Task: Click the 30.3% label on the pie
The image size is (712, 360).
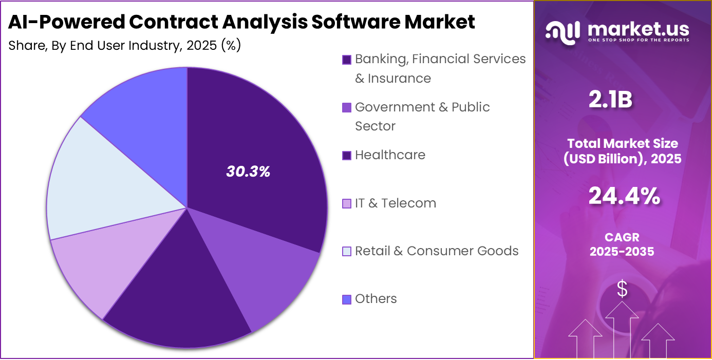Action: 248,172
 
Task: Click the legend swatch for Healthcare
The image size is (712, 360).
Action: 347,156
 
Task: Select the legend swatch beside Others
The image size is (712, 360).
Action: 347,299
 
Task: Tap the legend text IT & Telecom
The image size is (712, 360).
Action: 395,203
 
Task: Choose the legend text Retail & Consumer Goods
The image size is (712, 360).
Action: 437,251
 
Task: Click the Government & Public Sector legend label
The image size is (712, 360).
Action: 422,107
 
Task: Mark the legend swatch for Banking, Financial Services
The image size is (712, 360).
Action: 347,60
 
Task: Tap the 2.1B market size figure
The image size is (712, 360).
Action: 610,101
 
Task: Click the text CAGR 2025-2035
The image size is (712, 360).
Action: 622,245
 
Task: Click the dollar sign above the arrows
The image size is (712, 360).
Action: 622,289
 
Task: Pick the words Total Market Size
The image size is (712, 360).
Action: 622,143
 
